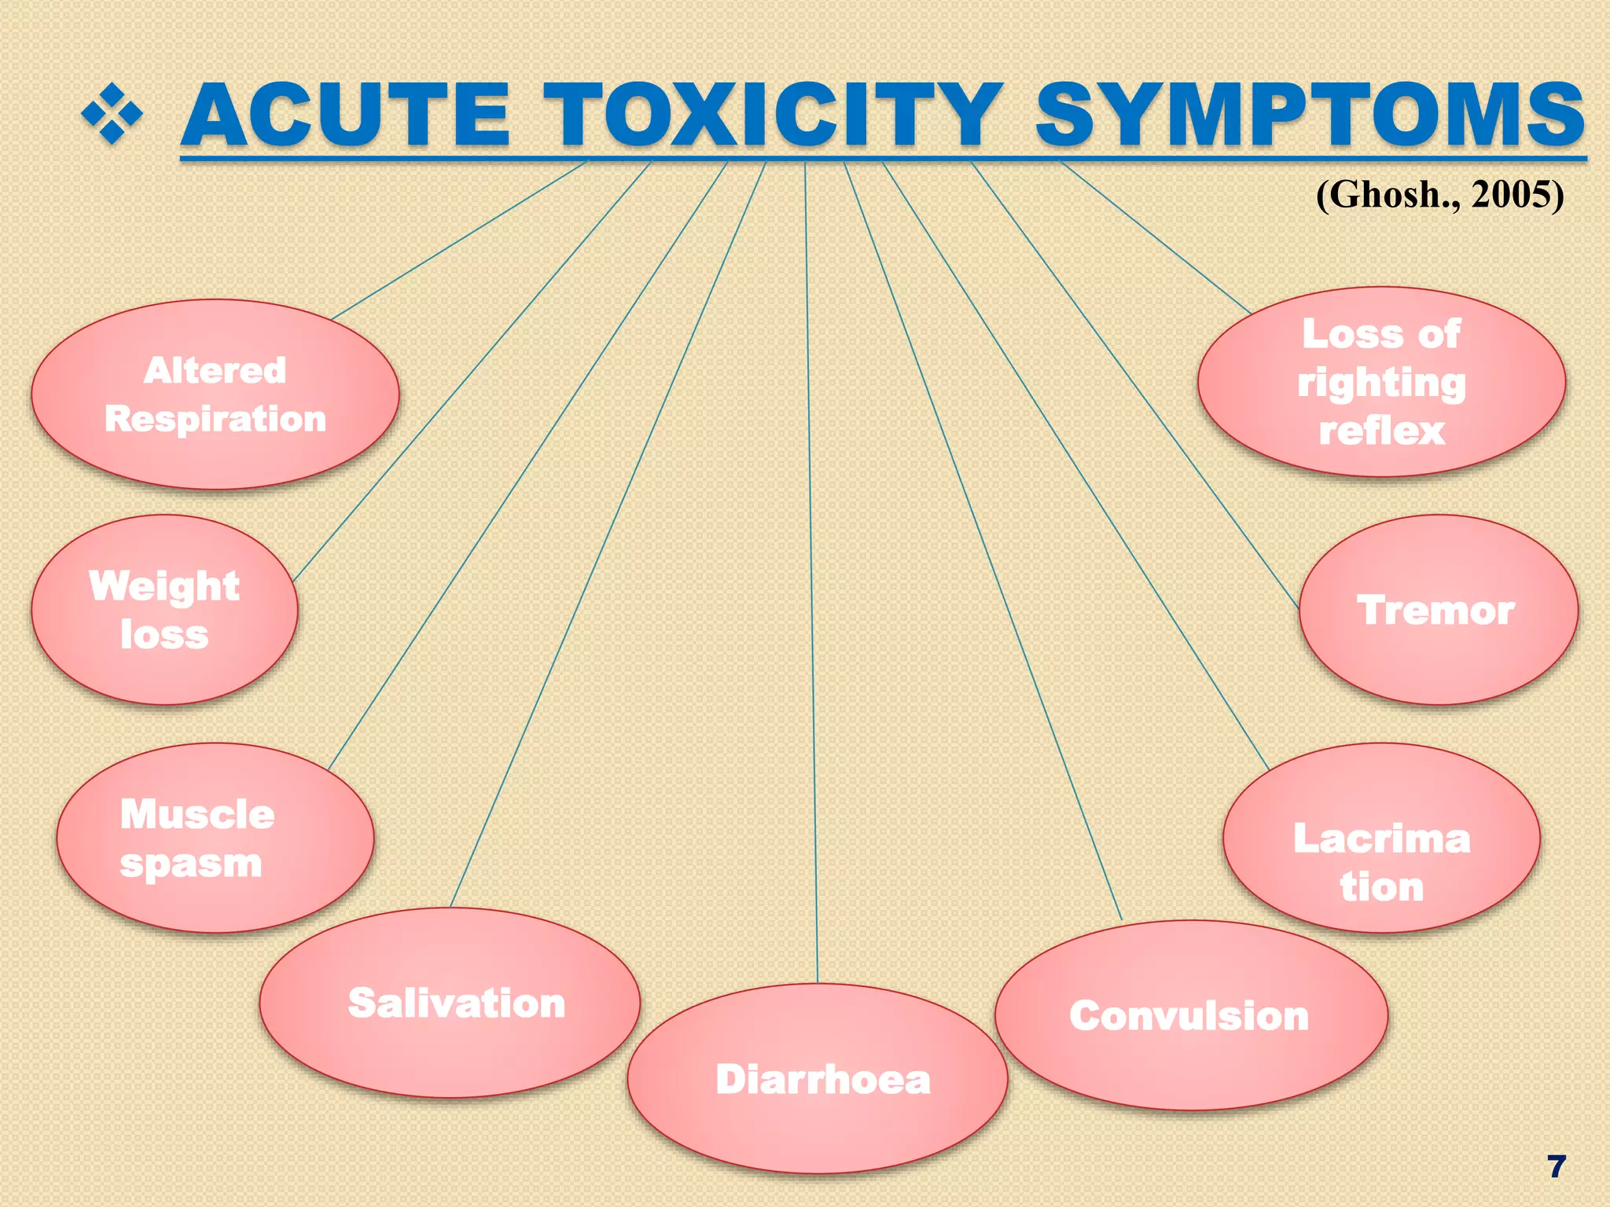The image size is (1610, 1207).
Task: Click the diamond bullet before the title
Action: [112, 116]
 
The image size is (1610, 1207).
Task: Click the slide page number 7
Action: [1556, 1166]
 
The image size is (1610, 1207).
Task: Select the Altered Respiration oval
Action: [215, 394]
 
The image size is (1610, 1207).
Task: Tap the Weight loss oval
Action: [164, 610]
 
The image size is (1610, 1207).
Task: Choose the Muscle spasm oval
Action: [215, 838]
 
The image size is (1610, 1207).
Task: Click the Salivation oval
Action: [450, 1003]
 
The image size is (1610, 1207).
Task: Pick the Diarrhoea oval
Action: [818, 1079]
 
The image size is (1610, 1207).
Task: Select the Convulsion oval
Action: [1191, 1015]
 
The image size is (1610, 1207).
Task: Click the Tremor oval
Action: [1438, 610]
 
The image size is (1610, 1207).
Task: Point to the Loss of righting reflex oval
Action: [1381, 382]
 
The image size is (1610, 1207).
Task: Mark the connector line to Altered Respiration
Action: [460, 240]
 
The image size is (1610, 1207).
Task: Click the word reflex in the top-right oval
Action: [1381, 431]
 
